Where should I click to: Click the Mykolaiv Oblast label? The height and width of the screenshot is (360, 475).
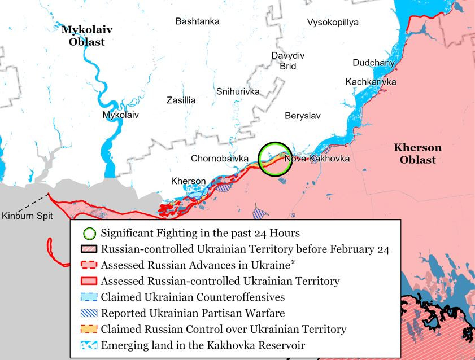point(83,35)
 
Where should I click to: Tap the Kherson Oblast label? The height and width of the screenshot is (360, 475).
point(417,153)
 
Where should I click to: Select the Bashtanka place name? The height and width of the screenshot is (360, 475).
point(198,21)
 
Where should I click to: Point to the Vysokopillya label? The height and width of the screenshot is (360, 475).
point(333,23)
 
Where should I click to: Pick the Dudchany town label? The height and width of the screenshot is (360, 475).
point(374,63)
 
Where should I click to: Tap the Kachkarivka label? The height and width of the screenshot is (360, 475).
point(371,82)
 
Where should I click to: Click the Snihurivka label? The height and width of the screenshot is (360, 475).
point(238,91)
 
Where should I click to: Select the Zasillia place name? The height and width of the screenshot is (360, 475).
point(181,100)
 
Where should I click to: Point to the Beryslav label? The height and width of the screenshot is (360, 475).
point(302,115)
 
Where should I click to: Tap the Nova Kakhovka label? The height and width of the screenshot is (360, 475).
point(317,159)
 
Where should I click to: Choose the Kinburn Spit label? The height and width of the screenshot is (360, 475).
point(25,216)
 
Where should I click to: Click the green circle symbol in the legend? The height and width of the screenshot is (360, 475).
point(88,232)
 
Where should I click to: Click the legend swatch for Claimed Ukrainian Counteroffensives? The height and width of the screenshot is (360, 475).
point(88,297)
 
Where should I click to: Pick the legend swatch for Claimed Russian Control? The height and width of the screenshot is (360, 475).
point(88,329)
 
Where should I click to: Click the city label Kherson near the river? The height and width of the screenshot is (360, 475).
point(188,181)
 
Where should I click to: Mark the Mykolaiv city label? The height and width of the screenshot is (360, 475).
point(120,115)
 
